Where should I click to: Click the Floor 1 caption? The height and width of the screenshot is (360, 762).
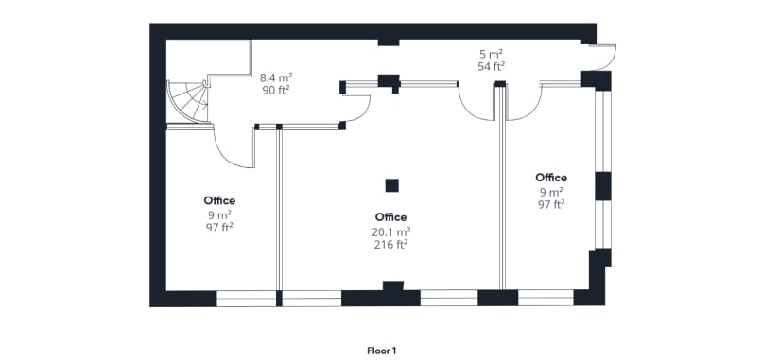pos(381,350)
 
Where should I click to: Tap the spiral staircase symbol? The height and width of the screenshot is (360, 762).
pos(189,101)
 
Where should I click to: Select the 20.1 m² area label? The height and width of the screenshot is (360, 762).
pos(390,231)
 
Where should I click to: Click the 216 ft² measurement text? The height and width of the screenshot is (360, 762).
pos(390,244)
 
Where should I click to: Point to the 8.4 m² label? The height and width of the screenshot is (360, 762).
pos(275,78)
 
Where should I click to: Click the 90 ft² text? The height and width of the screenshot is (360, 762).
pos(275,91)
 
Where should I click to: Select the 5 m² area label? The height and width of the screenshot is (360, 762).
pos(490,54)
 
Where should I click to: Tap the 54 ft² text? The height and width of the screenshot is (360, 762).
pos(490,66)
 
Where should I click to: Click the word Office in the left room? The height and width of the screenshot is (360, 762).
pos(219,200)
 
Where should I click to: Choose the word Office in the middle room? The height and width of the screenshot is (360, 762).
pos(390,216)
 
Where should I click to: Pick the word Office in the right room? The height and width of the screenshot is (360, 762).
pos(551,178)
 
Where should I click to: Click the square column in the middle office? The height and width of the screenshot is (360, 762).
pos(390,184)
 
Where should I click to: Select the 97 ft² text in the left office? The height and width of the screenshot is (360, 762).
pos(219,227)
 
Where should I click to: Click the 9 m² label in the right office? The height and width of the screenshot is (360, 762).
pos(551,192)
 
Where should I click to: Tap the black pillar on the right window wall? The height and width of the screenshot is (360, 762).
pos(602,185)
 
